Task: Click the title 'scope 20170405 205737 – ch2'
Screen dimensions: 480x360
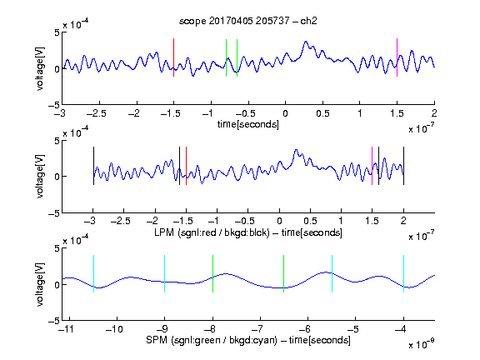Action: tap(248, 21)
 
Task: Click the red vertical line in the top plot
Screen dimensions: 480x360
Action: tap(173, 57)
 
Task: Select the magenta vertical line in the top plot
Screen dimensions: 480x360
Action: tap(397, 57)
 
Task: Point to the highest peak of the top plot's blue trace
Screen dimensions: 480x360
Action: tap(306, 42)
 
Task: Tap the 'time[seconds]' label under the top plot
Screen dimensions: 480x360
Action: tap(248, 124)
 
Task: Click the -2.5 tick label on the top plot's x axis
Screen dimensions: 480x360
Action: tap(96, 114)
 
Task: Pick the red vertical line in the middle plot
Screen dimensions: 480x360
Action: tap(186, 166)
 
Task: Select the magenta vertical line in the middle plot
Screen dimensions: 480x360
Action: tap(372, 166)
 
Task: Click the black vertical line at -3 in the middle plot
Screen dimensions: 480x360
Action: tap(93, 166)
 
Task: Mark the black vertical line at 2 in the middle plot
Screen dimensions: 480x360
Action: tap(403, 166)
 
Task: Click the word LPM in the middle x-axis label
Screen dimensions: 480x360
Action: tap(164, 232)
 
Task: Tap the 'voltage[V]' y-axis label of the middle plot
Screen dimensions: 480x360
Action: tap(40, 177)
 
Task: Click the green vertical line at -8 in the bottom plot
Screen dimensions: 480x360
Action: tap(212, 273)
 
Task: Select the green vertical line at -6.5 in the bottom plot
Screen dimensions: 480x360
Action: tap(284, 273)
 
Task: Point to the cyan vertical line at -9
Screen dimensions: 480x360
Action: tap(164, 273)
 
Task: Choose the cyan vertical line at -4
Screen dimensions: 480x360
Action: tap(403, 273)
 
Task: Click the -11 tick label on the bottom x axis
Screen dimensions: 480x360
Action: tap(67, 329)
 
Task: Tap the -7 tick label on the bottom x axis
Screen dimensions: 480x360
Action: tap(257, 329)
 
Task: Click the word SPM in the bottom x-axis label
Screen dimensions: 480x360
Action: tap(157, 340)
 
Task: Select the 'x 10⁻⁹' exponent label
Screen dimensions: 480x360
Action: tap(421, 344)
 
